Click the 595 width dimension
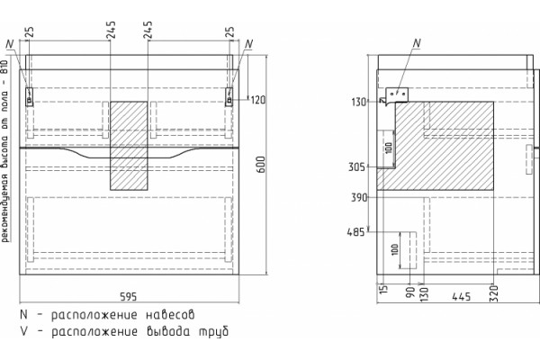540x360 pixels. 128,296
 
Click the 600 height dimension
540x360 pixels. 261,165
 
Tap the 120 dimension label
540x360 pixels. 258,100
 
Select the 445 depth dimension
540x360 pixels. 461,296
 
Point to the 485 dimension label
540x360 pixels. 355,232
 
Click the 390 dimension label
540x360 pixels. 359,198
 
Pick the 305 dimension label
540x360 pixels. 356,167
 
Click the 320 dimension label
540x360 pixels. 494,293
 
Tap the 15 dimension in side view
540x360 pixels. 383,289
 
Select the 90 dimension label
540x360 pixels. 409,292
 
